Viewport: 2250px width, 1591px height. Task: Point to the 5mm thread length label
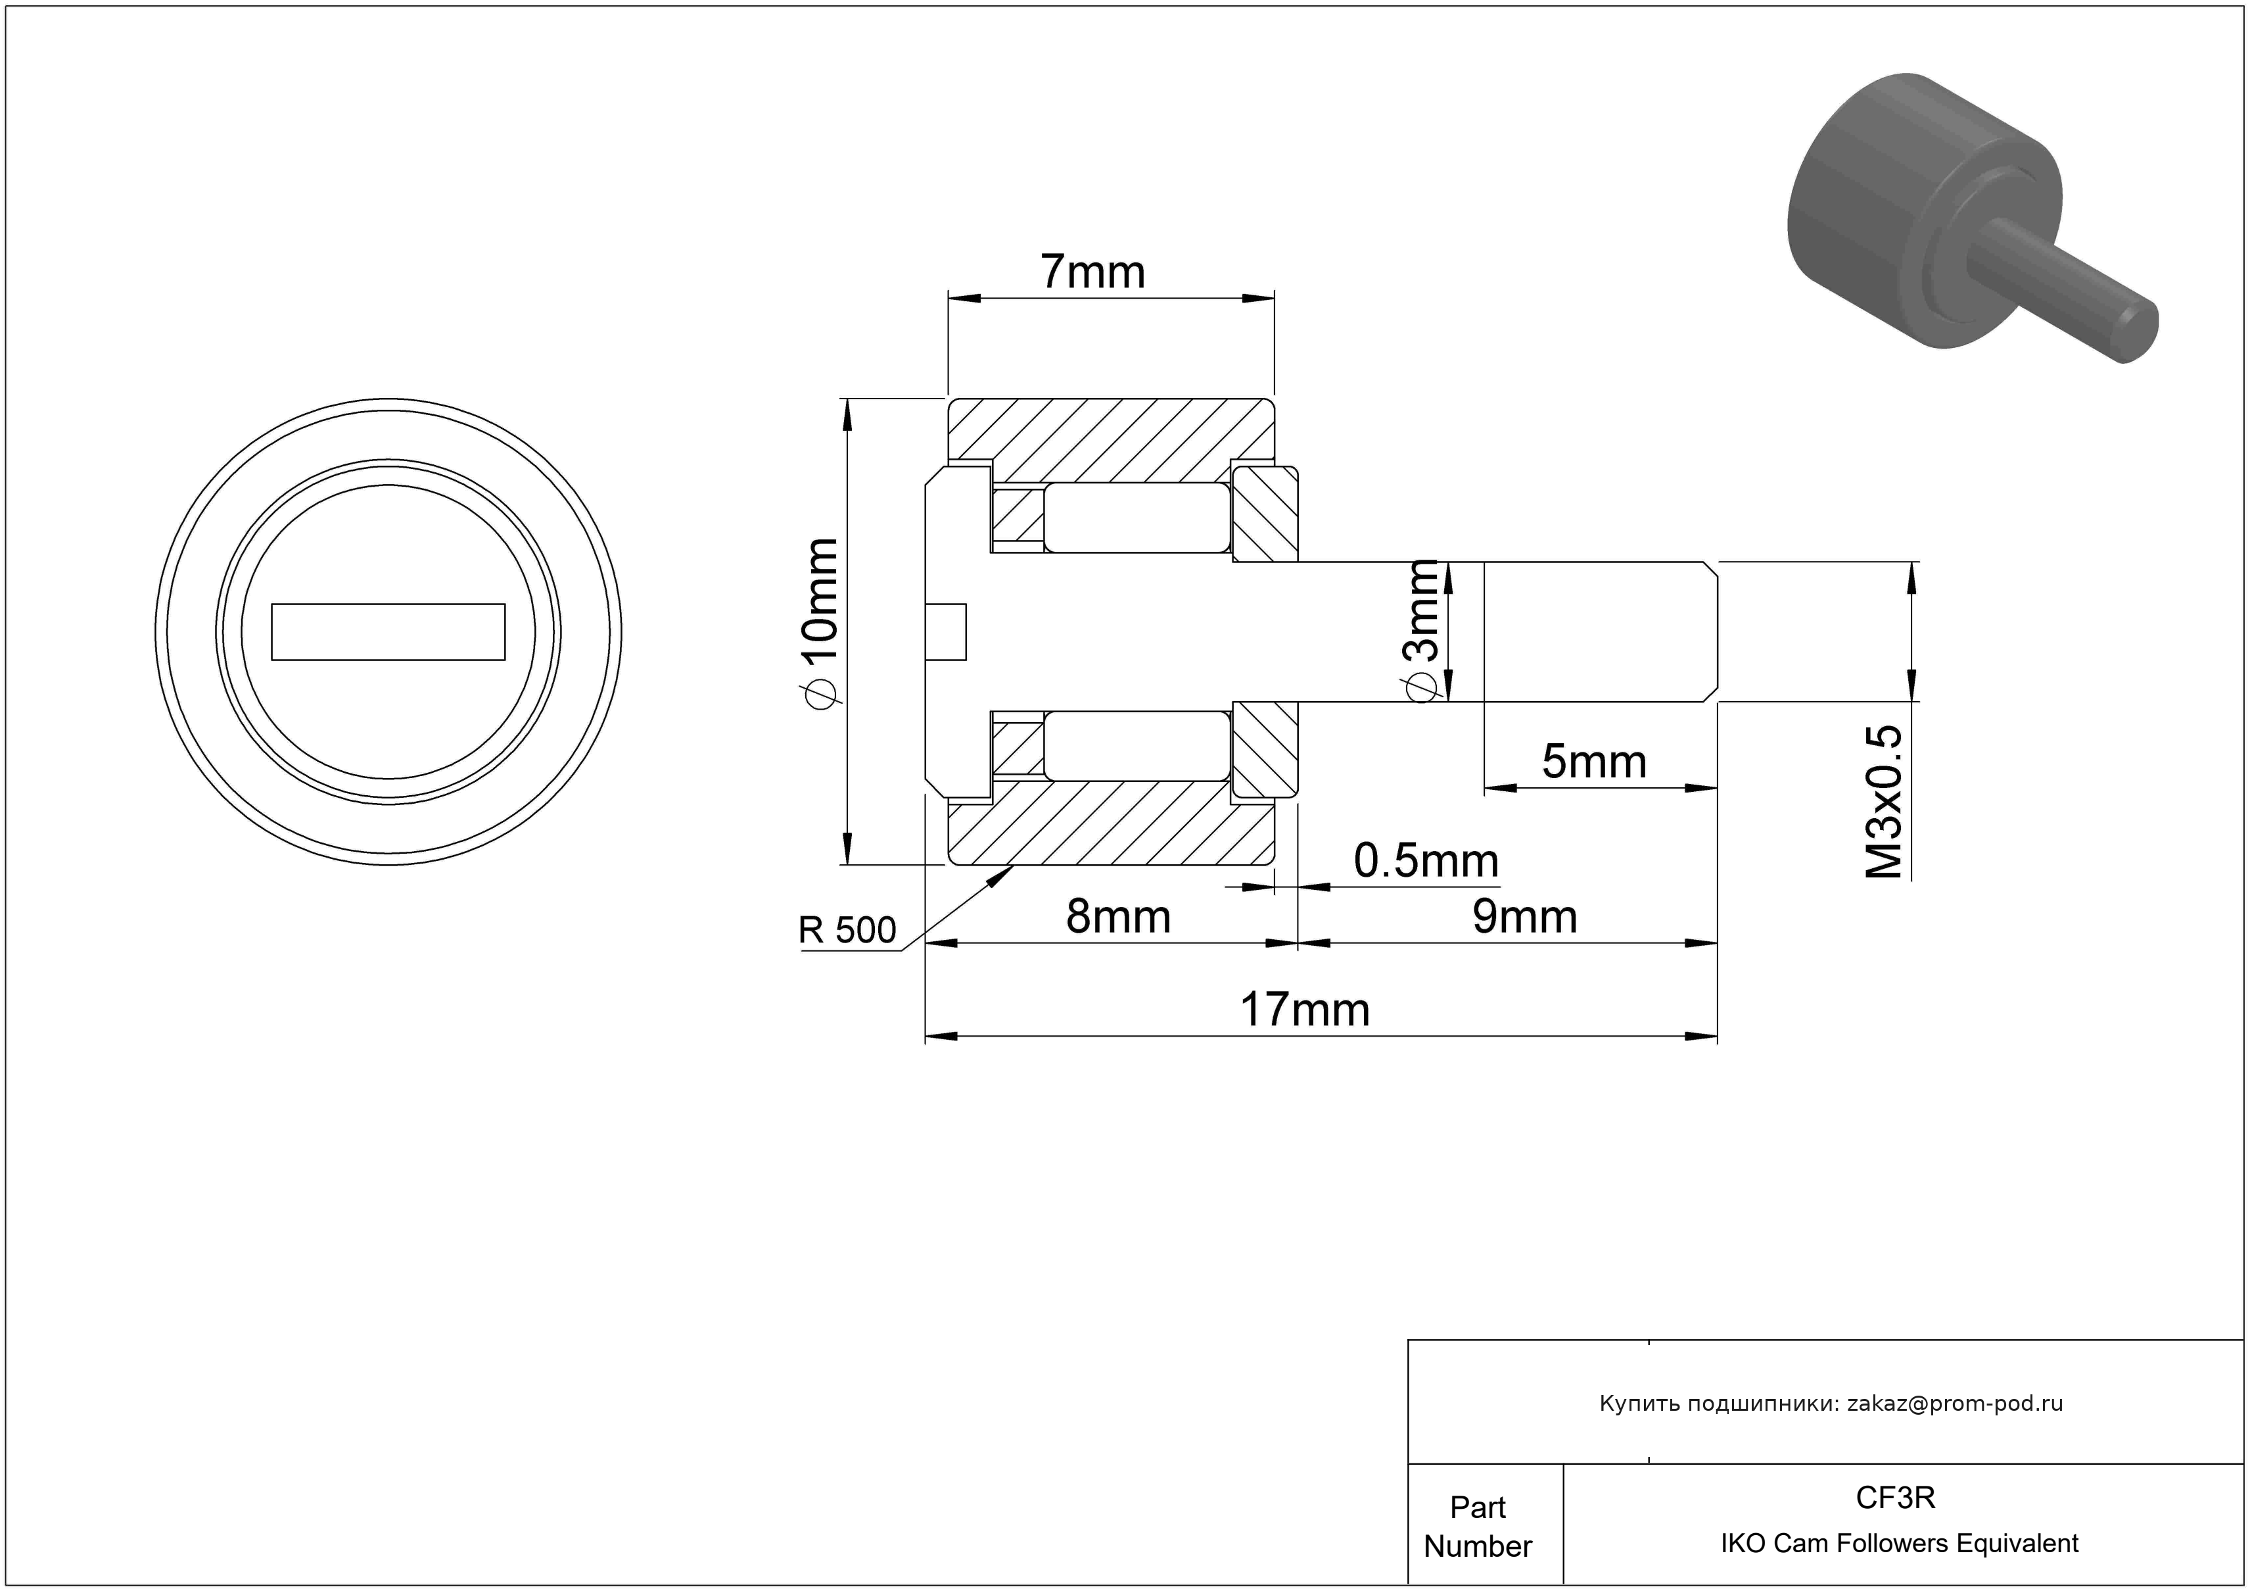click(x=1595, y=762)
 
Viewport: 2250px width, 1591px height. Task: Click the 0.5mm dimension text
click(x=1426, y=861)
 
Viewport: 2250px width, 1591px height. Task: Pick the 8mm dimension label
click(x=1118, y=917)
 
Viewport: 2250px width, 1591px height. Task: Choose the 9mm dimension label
click(x=1525, y=917)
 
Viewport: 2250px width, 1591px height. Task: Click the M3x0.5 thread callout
click(x=1883, y=802)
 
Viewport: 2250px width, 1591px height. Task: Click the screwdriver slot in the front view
click(x=388, y=632)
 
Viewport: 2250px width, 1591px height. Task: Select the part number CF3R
click(x=1895, y=1498)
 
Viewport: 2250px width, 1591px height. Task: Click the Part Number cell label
click(x=1477, y=1527)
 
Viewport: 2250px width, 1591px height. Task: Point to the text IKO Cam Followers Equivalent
click(x=1899, y=1544)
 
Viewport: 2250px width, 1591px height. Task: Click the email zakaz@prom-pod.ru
click(x=1955, y=1404)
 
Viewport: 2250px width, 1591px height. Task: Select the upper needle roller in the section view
click(x=1137, y=518)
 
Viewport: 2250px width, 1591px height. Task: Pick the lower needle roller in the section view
click(x=1137, y=745)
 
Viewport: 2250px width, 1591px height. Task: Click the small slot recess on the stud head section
click(x=946, y=631)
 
